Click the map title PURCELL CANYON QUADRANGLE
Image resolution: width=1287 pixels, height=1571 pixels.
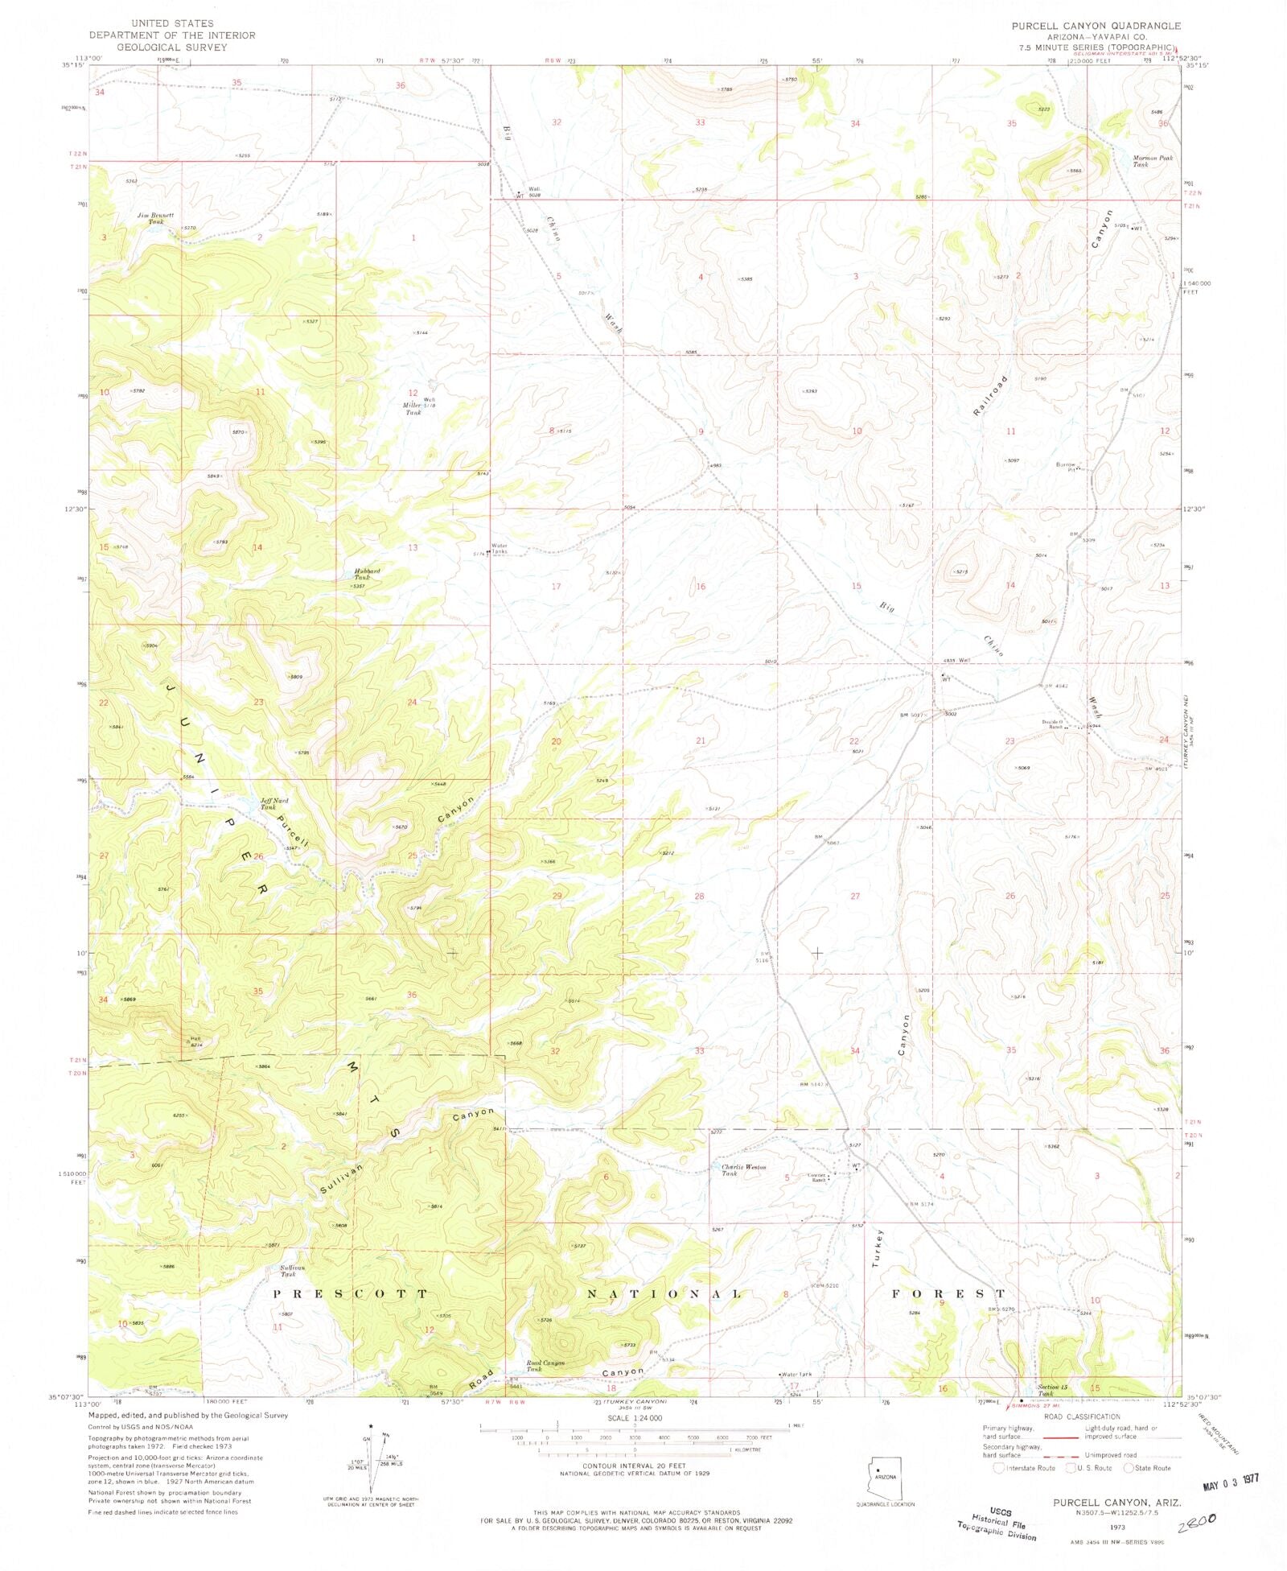pos(1096,26)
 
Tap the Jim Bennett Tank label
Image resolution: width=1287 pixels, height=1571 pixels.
pos(155,218)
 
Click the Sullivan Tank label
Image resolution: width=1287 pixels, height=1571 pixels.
pos(287,1271)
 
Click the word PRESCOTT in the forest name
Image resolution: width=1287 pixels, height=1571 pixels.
pos(351,1294)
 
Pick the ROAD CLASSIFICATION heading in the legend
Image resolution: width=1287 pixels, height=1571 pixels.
pos(1081,1416)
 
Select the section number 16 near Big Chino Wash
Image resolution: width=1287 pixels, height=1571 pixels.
pos(700,587)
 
